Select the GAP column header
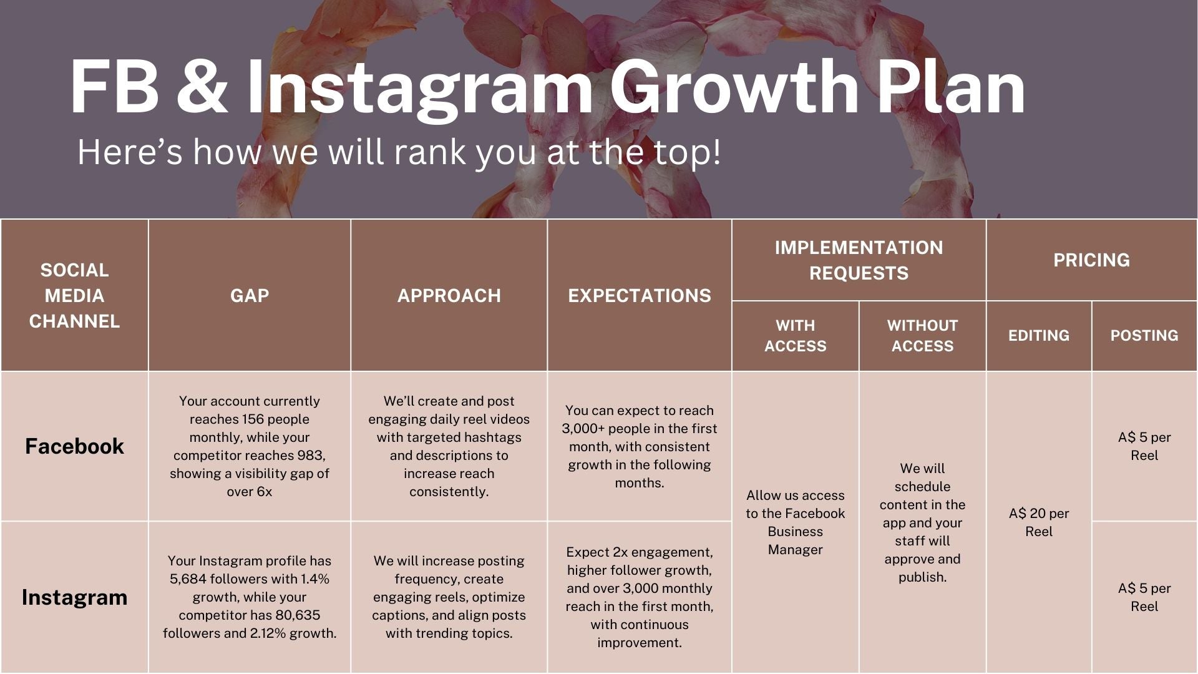[x=250, y=295]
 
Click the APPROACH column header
[x=449, y=295]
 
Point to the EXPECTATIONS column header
[x=640, y=295]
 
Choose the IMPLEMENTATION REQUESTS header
[x=859, y=260]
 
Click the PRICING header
[x=1092, y=260]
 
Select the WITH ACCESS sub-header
[x=796, y=336]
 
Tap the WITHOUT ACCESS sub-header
[x=923, y=336]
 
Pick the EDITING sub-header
[x=1039, y=336]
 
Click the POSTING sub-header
[x=1144, y=336]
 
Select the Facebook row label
[x=75, y=446]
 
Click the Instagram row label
[x=75, y=597]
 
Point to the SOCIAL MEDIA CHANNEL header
[x=75, y=295]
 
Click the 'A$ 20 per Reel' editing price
[x=1039, y=522]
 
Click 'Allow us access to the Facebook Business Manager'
[x=796, y=522]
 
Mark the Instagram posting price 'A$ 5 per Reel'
[x=1144, y=597]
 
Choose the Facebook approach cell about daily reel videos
[x=449, y=446]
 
